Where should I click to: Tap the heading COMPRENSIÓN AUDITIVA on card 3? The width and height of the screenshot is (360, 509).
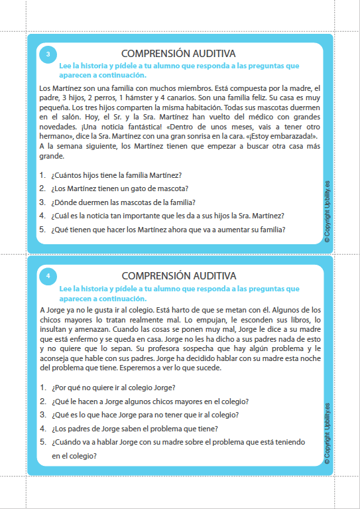click(178, 53)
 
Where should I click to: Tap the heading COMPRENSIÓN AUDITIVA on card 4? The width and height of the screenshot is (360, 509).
click(178, 275)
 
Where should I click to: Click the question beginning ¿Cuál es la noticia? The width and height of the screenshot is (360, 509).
click(166, 216)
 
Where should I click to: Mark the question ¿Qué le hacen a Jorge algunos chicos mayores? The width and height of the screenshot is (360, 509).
click(149, 401)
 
